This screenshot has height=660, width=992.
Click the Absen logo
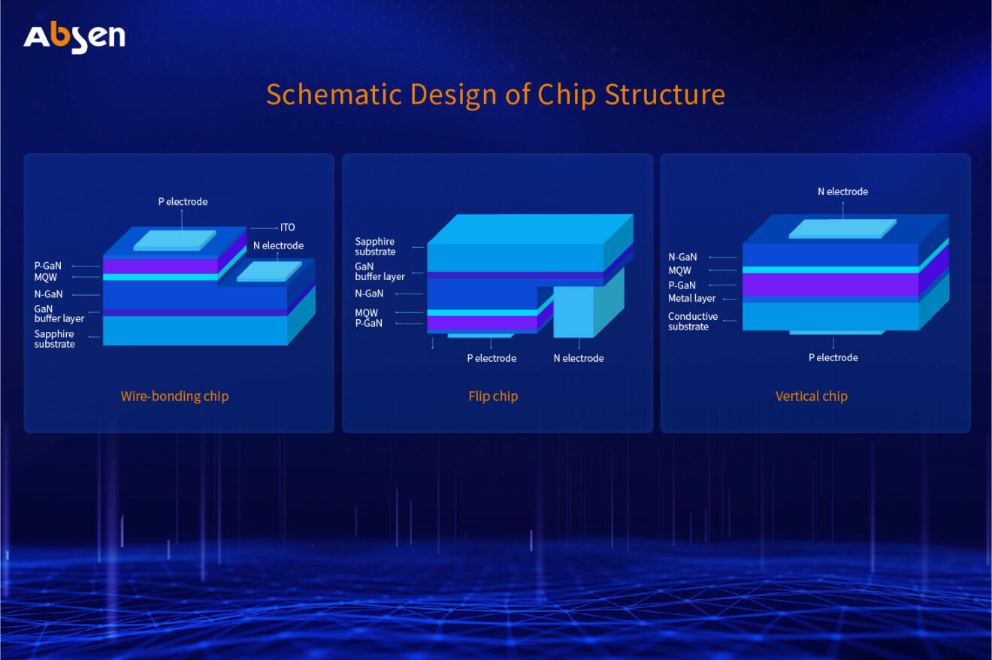(x=74, y=38)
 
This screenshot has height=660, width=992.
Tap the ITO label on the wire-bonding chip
(x=287, y=228)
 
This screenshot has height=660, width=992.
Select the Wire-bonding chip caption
(x=174, y=396)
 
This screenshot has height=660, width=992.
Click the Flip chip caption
(x=493, y=396)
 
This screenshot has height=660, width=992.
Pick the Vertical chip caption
(x=811, y=396)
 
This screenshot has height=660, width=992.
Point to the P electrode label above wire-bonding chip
(x=183, y=201)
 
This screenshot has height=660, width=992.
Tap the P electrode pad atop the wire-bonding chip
(x=174, y=240)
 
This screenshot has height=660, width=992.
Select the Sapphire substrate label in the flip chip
(x=375, y=246)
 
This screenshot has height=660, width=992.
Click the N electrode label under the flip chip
(x=579, y=358)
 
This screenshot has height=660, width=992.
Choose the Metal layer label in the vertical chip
(x=691, y=298)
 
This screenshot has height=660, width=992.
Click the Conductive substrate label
(x=692, y=321)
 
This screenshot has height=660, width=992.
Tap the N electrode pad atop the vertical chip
(x=842, y=228)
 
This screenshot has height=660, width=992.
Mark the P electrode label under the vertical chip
(x=833, y=357)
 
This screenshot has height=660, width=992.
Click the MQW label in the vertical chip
(x=679, y=270)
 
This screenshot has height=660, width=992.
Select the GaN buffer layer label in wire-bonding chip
(x=59, y=314)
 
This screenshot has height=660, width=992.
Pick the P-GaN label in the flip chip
(x=368, y=324)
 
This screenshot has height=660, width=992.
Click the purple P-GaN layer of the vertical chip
(x=830, y=285)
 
